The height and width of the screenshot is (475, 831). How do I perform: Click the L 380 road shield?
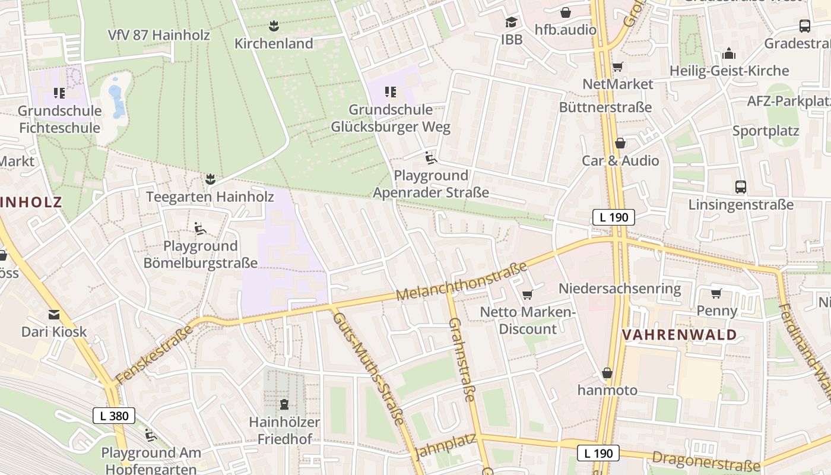[114, 416]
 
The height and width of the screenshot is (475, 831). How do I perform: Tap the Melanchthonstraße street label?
[461, 281]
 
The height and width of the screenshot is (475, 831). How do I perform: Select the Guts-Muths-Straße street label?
[368, 368]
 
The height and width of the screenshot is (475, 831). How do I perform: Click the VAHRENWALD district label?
[679, 335]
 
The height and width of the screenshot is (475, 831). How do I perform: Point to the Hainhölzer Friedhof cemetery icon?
[284, 405]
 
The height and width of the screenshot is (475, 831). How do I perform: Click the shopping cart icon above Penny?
[716, 293]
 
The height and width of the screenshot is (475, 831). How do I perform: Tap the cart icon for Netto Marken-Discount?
[526, 294]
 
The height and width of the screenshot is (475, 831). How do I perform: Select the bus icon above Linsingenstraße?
[740, 187]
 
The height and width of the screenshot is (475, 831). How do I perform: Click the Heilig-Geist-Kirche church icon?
[729, 54]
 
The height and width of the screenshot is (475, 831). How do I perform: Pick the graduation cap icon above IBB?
[511, 23]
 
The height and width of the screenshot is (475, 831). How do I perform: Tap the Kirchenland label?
[274, 43]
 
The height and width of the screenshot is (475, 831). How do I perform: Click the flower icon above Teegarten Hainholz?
[210, 179]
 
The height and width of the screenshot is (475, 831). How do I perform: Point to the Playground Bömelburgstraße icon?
[200, 228]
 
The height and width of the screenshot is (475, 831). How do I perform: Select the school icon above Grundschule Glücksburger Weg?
[390, 92]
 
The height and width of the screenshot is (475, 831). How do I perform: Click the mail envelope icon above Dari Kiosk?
[54, 314]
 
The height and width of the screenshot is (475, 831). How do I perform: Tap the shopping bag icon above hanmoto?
[607, 373]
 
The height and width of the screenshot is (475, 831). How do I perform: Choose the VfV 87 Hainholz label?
[159, 35]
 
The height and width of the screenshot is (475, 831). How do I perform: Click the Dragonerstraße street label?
[706, 460]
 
